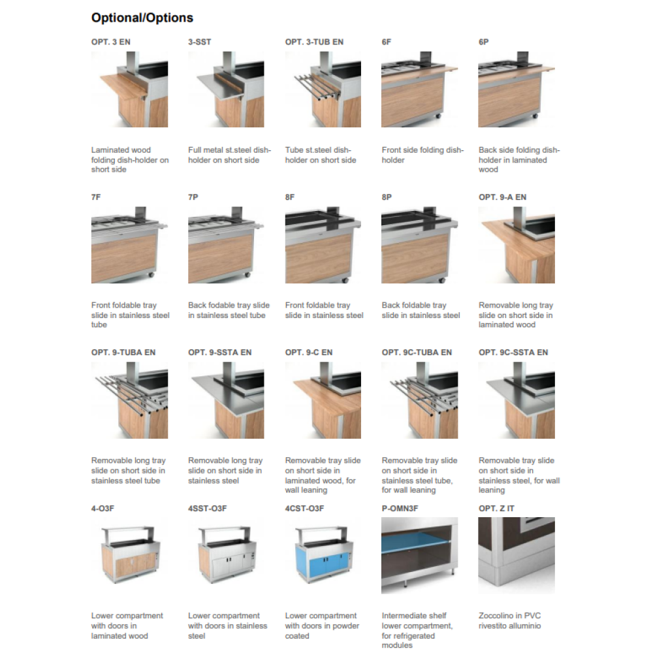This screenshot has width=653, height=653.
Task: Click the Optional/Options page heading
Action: coord(142,18)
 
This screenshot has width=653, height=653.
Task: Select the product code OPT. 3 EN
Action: coord(111,42)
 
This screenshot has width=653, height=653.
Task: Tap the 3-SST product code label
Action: coord(199,42)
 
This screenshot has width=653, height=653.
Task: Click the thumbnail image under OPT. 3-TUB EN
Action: coord(323,89)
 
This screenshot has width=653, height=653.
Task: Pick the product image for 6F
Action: coord(420,89)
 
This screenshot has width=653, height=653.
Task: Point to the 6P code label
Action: coord(483,42)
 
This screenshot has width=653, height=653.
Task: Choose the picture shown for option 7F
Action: coord(129,245)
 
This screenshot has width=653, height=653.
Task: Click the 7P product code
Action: coord(193,197)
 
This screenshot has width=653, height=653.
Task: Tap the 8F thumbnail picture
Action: coord(323,245)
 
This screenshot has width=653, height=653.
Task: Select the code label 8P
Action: coord(387,197)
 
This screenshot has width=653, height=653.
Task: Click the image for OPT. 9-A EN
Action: coord(517,245)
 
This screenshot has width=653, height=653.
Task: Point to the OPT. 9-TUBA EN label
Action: coord(123,353)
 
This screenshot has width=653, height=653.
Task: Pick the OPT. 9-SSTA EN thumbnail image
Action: coord(226,400)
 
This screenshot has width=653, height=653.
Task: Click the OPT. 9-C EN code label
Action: coord(309,353)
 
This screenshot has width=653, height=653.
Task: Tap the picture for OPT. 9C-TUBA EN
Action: coord(420,400)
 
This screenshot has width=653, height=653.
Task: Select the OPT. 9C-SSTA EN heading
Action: coord(513,353)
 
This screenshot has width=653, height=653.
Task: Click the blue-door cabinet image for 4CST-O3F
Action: coord(324,554)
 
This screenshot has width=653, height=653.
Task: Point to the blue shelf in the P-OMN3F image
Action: coord(417,542)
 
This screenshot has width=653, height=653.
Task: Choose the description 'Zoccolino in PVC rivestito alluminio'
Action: coord(510,620)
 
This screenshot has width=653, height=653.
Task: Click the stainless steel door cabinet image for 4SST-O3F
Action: coord(227,554)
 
